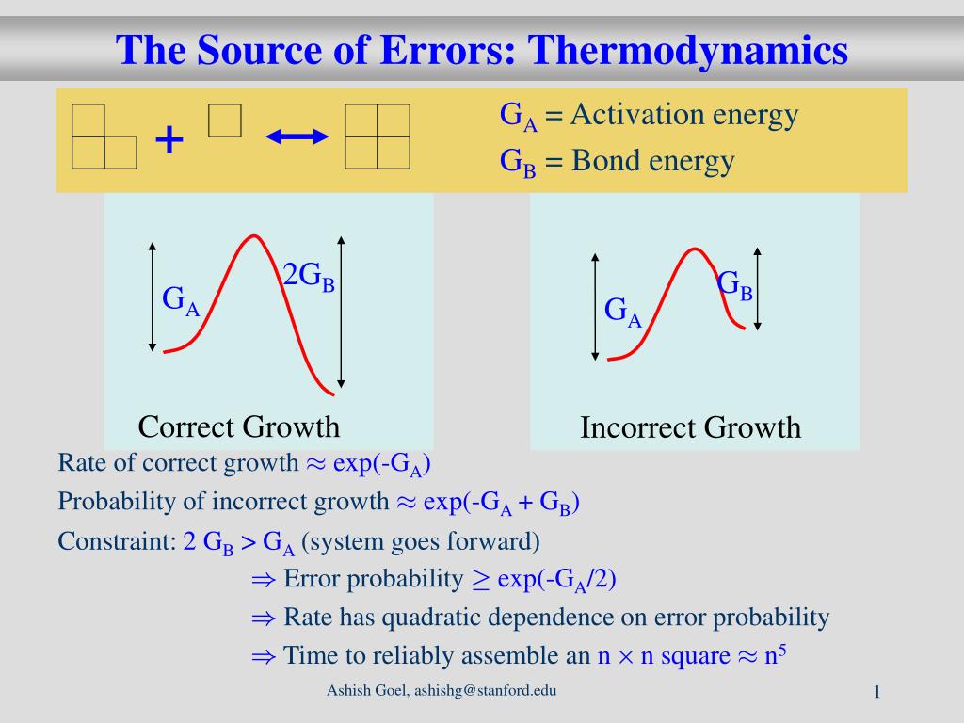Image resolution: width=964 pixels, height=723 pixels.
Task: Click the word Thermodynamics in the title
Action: click(x=688, y=52)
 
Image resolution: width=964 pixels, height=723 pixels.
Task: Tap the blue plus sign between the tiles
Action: click(x=169, y=139)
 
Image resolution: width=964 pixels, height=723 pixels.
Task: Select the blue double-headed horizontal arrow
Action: click(x=297, y=137)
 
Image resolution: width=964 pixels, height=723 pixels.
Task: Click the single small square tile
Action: click(x=225, y=120)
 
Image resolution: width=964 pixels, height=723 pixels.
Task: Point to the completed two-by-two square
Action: click(x=378, y=137)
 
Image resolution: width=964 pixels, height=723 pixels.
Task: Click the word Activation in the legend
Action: click(x=636, y=115)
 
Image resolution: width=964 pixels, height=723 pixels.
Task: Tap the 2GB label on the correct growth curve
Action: click(x=309, y=276)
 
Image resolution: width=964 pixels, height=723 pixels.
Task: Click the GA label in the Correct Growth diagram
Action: click(x=181, y=300)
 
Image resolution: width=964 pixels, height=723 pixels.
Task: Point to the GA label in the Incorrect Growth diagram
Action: click(x=623, y=312)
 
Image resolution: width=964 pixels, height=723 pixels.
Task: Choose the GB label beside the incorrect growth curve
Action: click(x=734, y=285)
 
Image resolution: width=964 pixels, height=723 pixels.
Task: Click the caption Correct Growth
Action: click(x=238, y=426)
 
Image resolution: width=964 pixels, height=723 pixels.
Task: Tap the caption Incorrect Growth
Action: click(x=690, y=427)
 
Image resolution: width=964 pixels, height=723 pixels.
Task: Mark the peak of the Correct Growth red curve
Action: click(x=253, y=235)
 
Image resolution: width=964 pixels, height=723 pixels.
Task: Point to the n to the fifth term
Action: click(x=776, y=654)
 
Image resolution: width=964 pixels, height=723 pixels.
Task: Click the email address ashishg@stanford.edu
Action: click(x=485, y=690)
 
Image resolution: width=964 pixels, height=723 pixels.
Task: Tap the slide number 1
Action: click(x=877, y=692)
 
